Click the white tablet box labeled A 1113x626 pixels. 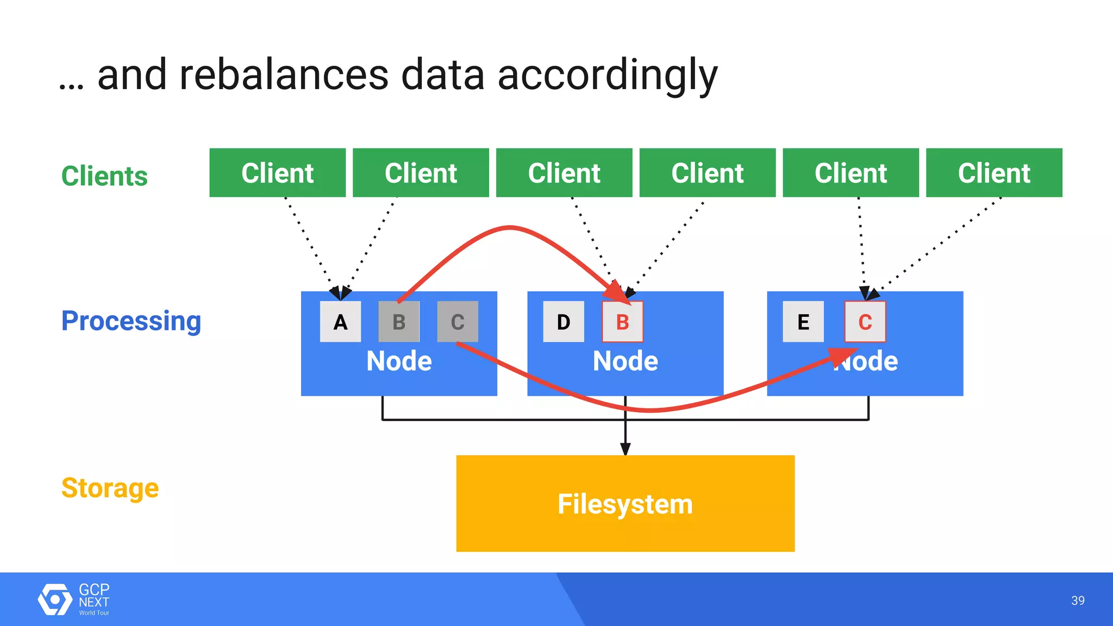click(x=340, y=322)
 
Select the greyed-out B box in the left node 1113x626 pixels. click(x=399, y=322)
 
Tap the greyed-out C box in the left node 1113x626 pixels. click(x=458, y=322)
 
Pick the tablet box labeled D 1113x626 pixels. click(x=564, y=322)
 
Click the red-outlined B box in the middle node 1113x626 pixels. click(x=623, y=322)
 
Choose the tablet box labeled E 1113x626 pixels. click(x=803, y=322)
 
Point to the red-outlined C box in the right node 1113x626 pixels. click(x=865, y=322)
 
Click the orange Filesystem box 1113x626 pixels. click(x=625, y=504)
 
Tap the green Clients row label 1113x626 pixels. click(x=104, y=176)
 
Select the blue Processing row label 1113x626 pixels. click(x=131, y=321)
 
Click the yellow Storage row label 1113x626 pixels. click(x=110, y=487)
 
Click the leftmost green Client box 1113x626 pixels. click(x=277, y=173)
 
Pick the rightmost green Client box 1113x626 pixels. click(x=994, y=173)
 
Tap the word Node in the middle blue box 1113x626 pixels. click(x=625, y=361)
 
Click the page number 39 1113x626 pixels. click(x=1078, y=600)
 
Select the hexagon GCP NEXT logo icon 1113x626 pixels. click(x=54, y=599)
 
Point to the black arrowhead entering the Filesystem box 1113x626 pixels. click(x=626, y=449)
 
